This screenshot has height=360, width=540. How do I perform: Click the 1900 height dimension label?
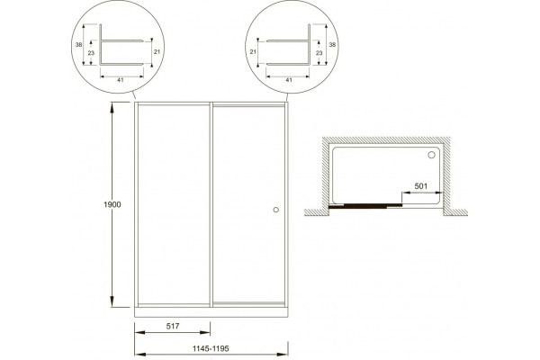pos(112,204)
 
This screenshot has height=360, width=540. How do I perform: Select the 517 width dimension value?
pos(173,326)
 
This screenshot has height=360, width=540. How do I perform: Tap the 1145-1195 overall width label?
pos(211,348)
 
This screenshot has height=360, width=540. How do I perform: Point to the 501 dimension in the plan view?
pos(421,186)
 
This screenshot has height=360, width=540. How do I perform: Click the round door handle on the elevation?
pos(276,210)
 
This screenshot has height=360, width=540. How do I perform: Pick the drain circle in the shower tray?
pos(431,155)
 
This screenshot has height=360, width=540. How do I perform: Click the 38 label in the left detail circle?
pos(79,45)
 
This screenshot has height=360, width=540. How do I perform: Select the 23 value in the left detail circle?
pos(91,53)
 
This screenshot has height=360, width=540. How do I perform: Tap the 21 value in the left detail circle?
pos(157,51)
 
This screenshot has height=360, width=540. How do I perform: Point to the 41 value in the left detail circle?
pos(121,80)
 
